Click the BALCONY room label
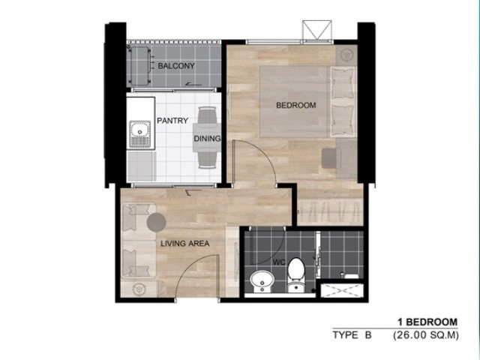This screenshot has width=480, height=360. click(176, 66)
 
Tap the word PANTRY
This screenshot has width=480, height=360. click(172, 121)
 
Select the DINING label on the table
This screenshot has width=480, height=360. click(207, 138)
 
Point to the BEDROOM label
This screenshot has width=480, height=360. click(295, 105)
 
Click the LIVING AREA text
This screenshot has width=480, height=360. click(185, 244)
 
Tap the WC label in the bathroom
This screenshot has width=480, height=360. click(279, 262)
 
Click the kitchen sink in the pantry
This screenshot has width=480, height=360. click(140, 134)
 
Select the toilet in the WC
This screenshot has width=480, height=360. click(296, 275)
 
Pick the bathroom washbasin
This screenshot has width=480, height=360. click(262, 282)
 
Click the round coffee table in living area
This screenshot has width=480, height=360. click(156, 223)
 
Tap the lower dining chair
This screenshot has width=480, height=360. click(207, 158)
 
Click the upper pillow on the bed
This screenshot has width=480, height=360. click(343, 83)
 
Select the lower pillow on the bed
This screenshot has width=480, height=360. click(343, 120)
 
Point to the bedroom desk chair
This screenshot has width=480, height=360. click(331, 158)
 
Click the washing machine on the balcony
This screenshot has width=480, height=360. click(139, 66)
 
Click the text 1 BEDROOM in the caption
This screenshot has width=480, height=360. click(427, 322)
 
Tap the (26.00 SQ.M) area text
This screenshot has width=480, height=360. click(426, 335)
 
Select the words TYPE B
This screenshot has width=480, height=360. click(352, 335)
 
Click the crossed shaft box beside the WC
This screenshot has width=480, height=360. click(342, 291)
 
